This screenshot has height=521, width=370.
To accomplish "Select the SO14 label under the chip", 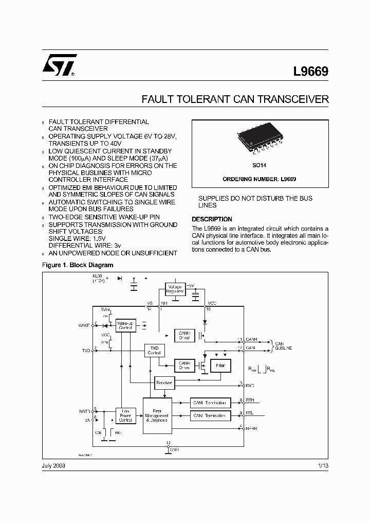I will (x=260, y=167).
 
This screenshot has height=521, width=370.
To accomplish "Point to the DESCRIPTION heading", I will (x=212, y=219).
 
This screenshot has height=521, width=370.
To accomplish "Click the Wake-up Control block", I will (x=125, y=325).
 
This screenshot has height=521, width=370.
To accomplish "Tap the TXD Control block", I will (x=154, y=350).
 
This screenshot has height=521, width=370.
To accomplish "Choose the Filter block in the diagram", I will (x=220, y=366).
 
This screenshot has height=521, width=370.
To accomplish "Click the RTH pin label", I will (x=250, y=400).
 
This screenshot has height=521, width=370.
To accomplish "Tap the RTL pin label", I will (x=250, y=413).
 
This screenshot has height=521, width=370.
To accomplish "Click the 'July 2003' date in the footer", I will (x=53, y=465).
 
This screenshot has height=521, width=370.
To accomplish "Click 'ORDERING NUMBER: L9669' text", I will (x=260, y=179).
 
